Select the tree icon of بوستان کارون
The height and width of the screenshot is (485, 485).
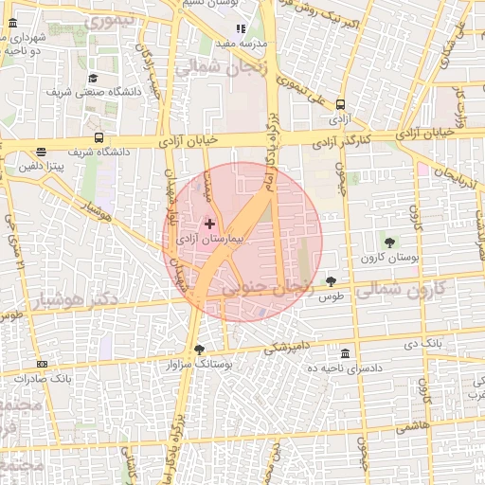tap(389, 242)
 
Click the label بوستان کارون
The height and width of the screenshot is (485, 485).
tap(384, 258)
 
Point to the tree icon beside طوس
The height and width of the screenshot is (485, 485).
tap(331, 280)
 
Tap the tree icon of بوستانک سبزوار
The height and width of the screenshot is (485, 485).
tap(198, 349)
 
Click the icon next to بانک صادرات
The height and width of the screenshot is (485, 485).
tap(42, 364)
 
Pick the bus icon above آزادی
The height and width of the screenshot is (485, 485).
tap(339, 107)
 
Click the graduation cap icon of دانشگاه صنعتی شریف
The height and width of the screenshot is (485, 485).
tap(93, 78)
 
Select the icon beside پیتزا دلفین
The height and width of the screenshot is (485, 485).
tap(41, 152)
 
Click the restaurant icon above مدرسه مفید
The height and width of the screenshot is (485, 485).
tap(240, 28)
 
